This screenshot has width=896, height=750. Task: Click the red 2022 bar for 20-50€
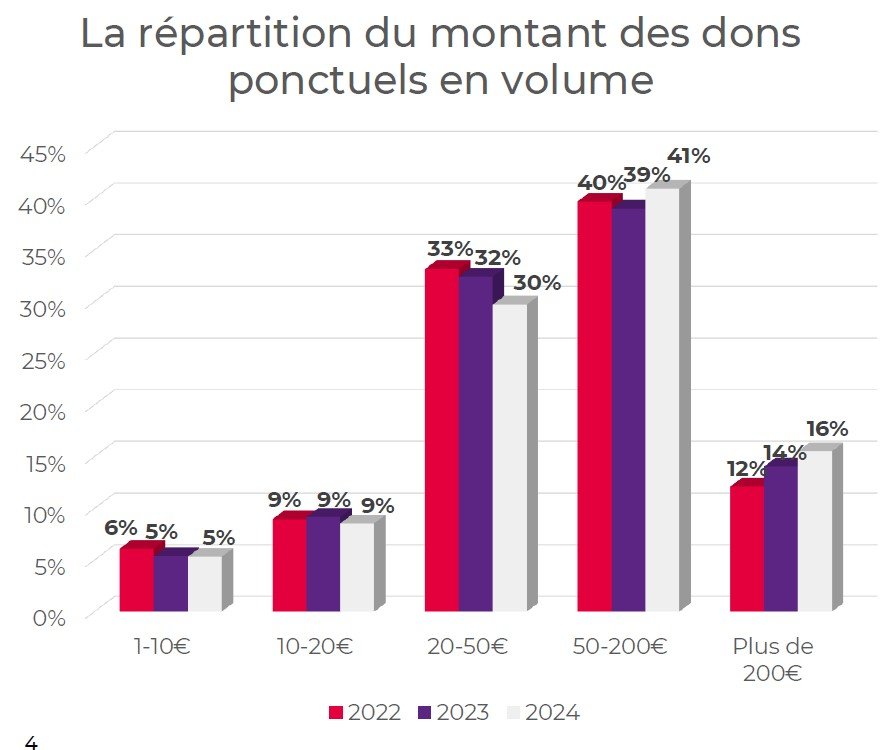[441, 440]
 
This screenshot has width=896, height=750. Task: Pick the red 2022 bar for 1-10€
[136, 579]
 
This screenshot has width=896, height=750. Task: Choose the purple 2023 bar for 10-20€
[323, 564]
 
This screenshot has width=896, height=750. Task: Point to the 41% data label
[688, 156]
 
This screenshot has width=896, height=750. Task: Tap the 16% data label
[826, 429]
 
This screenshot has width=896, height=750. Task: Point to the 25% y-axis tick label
[43, 359]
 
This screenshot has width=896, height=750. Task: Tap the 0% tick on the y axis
[48, 616]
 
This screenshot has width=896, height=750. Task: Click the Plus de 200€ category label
[772, 659]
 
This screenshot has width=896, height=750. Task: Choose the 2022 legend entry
[365, 713]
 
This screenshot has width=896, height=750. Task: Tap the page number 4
[30, 742]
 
